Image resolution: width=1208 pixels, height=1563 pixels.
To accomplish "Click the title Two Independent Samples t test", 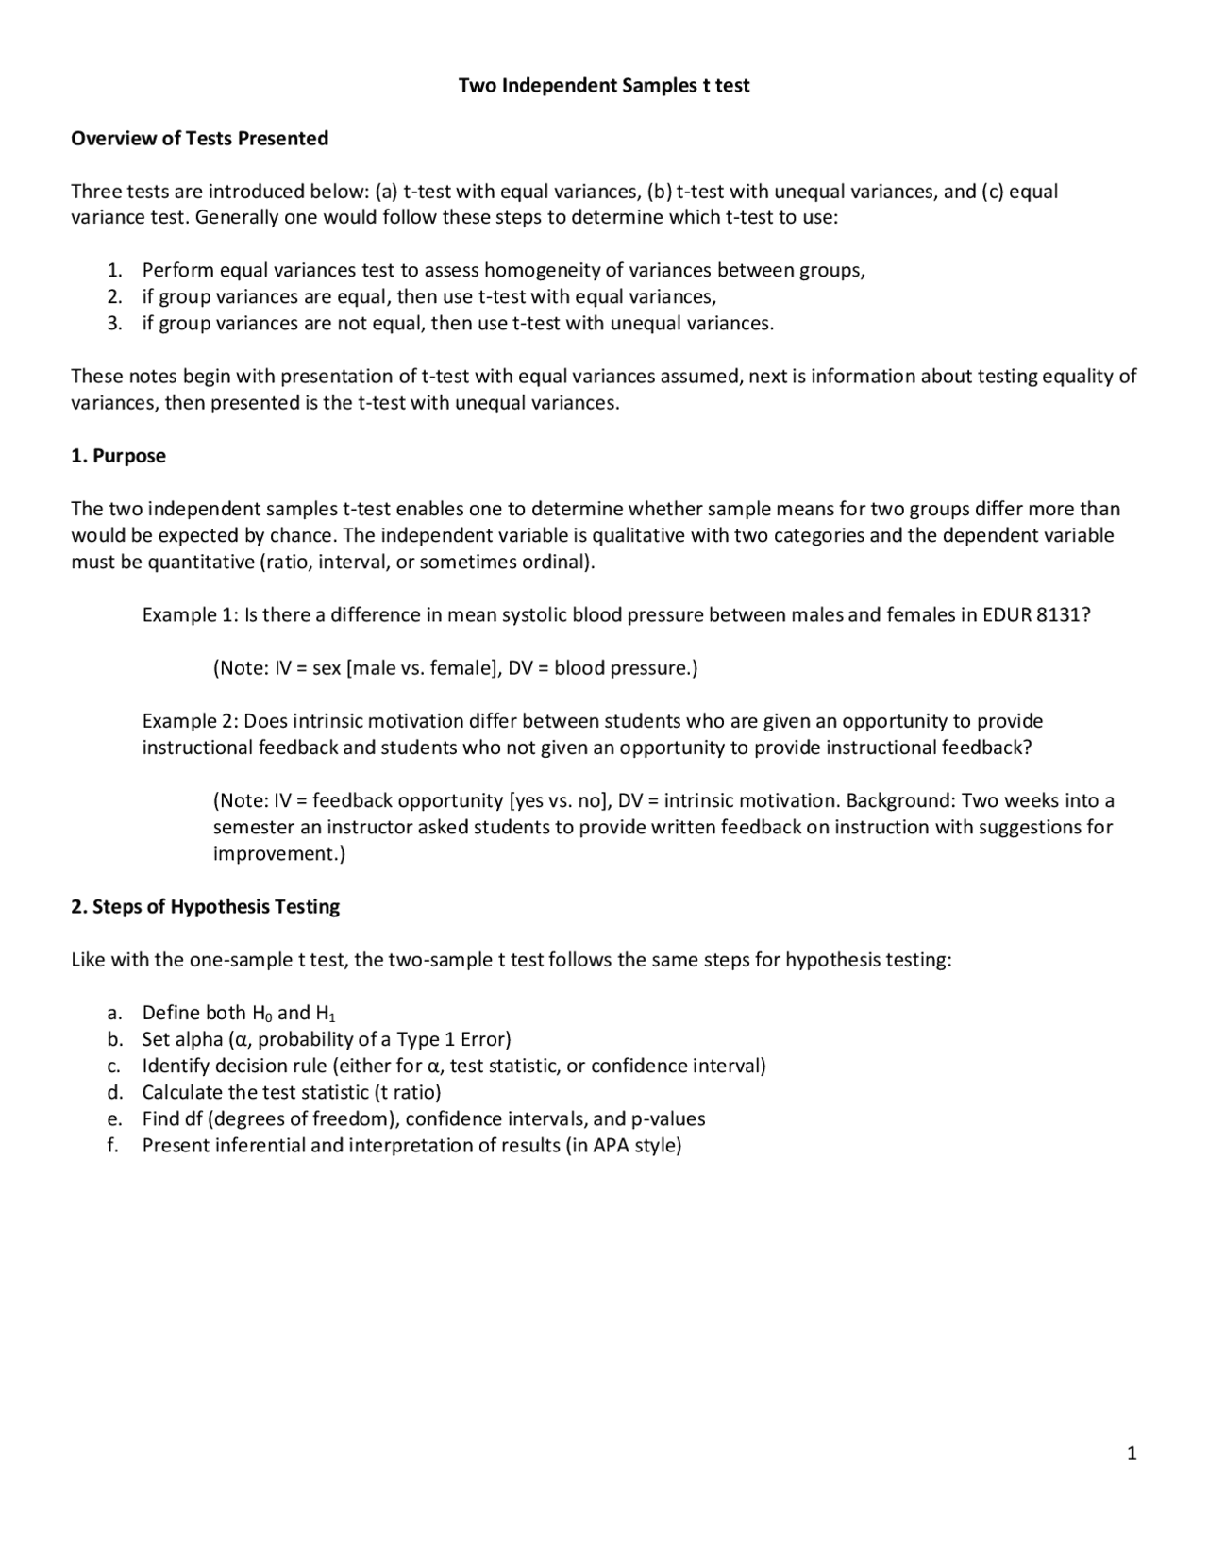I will [x=604, y=86].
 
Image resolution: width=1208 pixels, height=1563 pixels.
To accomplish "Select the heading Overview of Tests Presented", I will [x=200, y=139].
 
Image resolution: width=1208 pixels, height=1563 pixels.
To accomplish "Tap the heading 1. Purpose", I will [x=119, y=456].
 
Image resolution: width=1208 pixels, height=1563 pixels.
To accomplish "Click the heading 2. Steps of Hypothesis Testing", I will [x=206, y=907].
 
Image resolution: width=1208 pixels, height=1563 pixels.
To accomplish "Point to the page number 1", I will [x=1132, y=1454].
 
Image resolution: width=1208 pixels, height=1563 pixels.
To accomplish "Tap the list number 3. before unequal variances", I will [x=114, y=324].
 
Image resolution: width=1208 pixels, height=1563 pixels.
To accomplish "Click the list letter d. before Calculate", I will [x=115, y=1093].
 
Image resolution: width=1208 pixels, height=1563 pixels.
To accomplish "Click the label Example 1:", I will [x=190, y=615].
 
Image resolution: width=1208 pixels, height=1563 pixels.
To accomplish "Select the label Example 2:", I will [x=190, y=721].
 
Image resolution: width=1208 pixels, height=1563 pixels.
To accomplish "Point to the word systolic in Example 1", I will [x=535, y=615].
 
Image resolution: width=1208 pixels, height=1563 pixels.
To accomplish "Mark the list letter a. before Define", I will [x=115, y=1014].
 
